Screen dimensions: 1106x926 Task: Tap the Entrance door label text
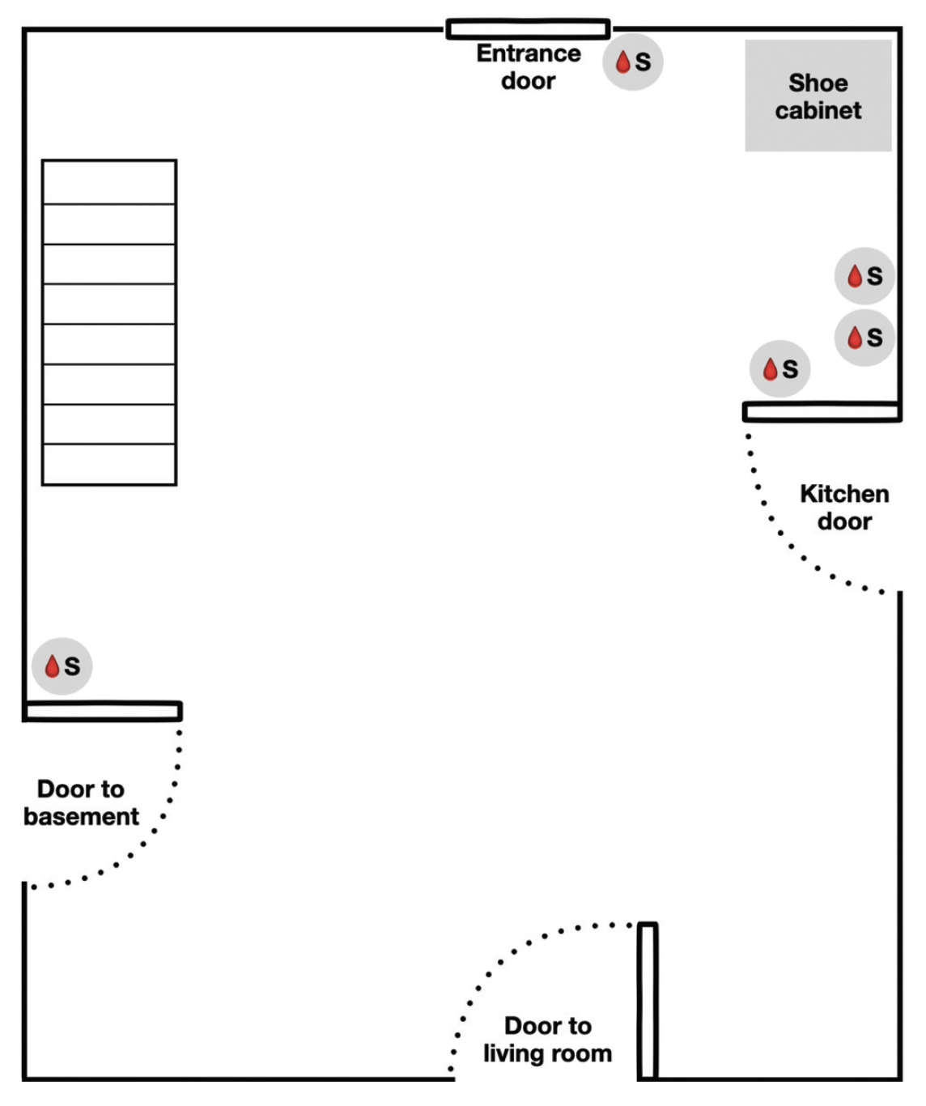[528, 66]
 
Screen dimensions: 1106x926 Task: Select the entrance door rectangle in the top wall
[528, 30]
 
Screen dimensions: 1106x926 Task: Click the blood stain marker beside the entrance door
[632, 62]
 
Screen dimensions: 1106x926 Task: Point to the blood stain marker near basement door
[62, 666]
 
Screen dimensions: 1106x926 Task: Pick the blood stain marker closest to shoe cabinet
[864, 276]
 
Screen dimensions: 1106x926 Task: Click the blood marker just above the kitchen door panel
[779, 369]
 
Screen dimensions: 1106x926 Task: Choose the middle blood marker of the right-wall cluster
[864, 337]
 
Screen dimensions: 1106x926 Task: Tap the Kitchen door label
[844, 507]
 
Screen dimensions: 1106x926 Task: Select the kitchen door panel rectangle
[822, 412]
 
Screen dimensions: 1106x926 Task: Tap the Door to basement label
[81, 802]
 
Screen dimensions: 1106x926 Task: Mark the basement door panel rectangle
[103, 712]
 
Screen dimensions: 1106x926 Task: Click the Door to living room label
[548, 1039]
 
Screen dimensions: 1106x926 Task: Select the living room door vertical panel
[647, 1001]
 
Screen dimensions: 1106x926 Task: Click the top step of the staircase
[109, 182]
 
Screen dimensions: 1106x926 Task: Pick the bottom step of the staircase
[109, 464]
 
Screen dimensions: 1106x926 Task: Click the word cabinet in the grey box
[818, 111]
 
